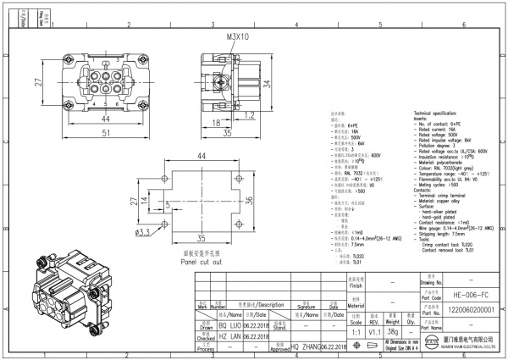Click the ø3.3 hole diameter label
[x=143, y=232]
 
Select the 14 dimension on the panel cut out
[x=143, y=200]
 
